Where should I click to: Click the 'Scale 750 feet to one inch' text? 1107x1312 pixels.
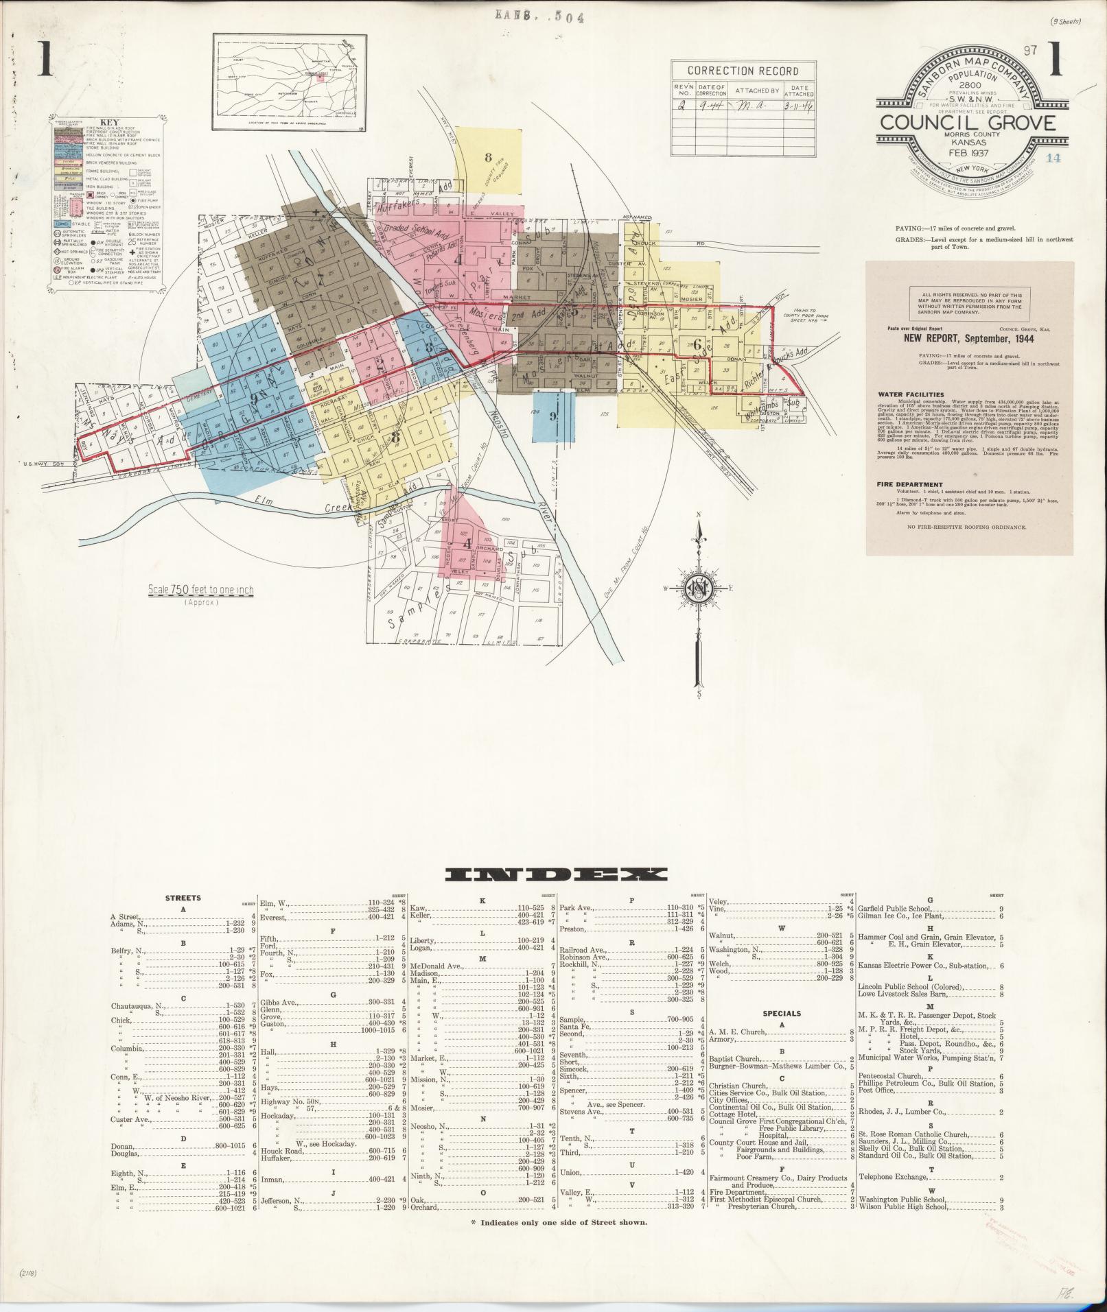200,590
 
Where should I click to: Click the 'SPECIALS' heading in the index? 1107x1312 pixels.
782,1013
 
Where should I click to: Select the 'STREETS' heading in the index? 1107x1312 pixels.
184,897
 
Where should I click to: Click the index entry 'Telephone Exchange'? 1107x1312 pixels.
897,1178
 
